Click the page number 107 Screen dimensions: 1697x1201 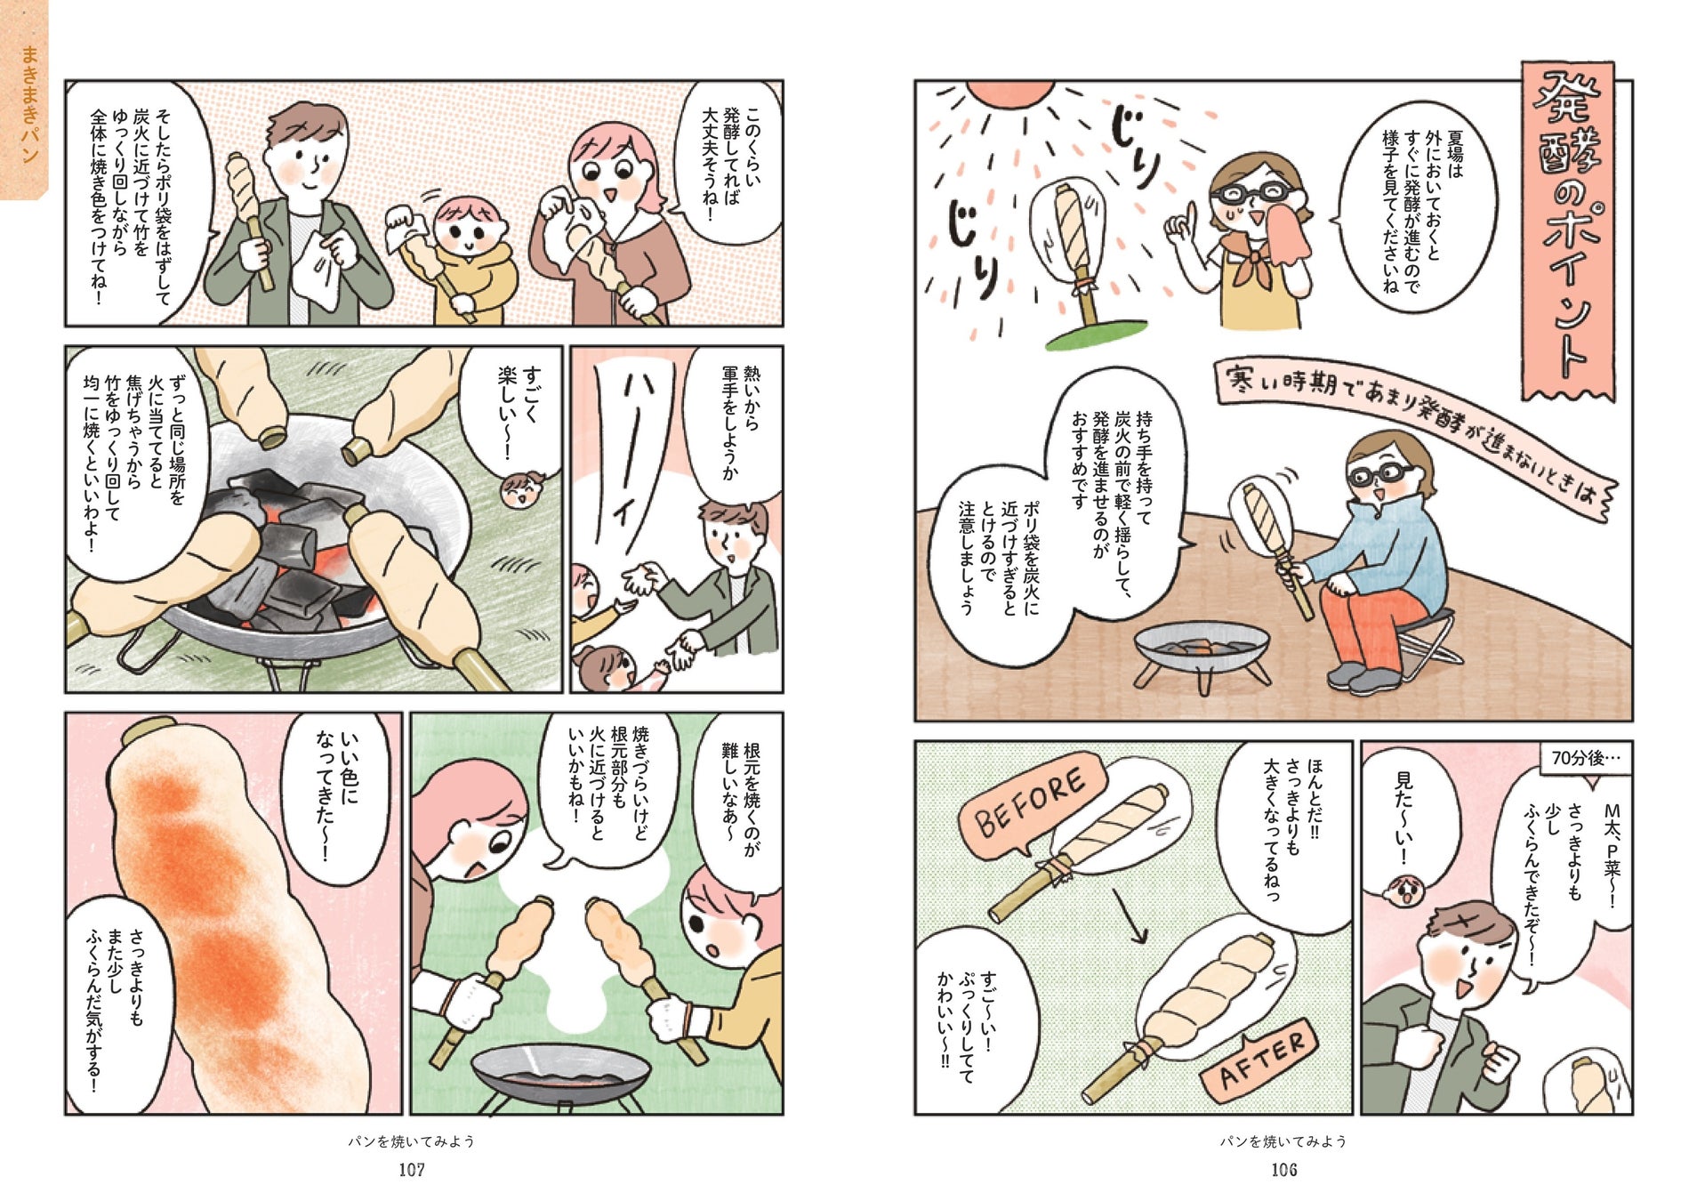[x=411, y=1170]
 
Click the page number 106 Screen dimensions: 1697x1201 [x=1283, y=1170]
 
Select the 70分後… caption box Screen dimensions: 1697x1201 [x=1585, y=759]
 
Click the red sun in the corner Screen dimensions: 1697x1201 [x=1009, y=93]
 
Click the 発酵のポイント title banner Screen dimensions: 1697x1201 [x=1567, y=231]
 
